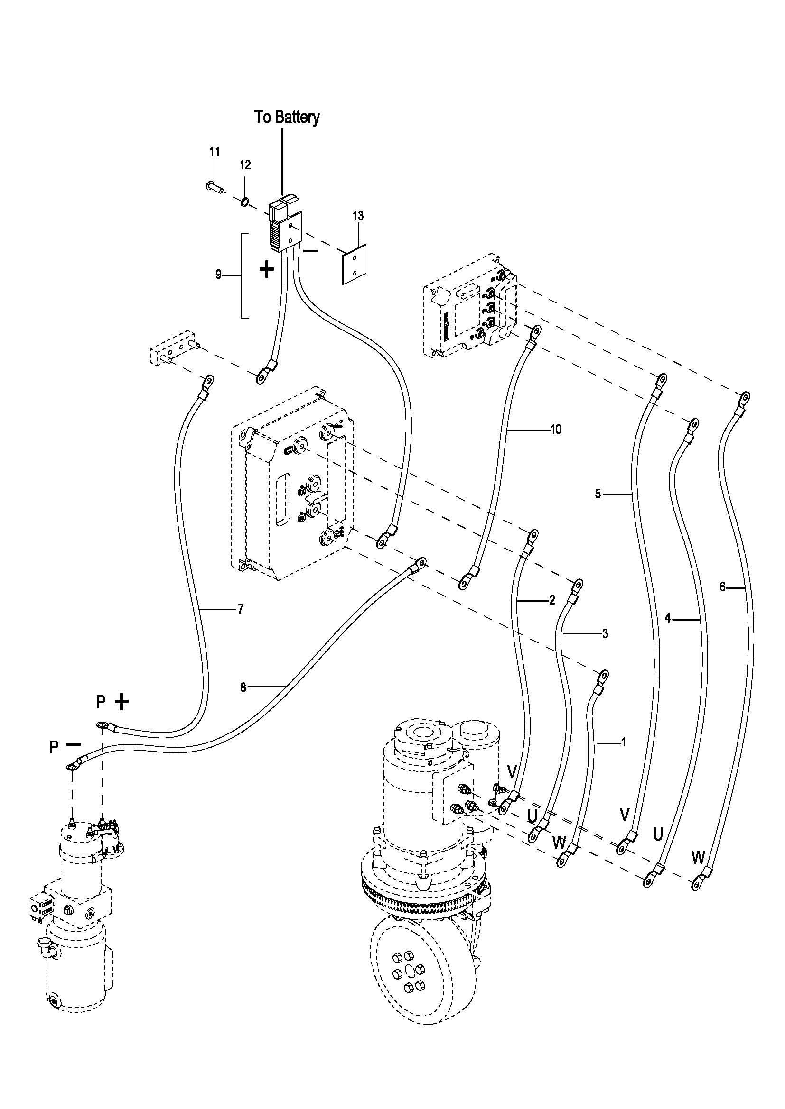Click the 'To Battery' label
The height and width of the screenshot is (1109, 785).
[x=287, y=118]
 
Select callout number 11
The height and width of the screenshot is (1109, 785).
[x=215, y=152]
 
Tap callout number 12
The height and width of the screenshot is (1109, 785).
[x=245, y=165]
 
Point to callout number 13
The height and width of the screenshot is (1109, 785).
[x=358, y=216]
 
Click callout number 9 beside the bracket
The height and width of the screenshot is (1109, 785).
[x=218, y=275]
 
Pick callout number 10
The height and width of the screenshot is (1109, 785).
[x=556, y=430]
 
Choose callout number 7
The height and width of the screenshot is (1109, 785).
[x=240, y=609]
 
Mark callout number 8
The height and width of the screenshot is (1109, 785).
[x=243, y=687]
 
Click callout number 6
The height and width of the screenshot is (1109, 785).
[x=722, y=587]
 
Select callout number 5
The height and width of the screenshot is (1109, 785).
[x=598, y=494]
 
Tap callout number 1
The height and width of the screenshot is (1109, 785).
[x=623, y=742]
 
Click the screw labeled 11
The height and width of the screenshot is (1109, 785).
[x=213, y=185]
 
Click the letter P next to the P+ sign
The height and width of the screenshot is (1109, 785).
[x=101, y=702]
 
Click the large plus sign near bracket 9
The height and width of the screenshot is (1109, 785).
[x=267, y=269]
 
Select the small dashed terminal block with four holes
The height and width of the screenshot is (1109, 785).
[x=175, y=347]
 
